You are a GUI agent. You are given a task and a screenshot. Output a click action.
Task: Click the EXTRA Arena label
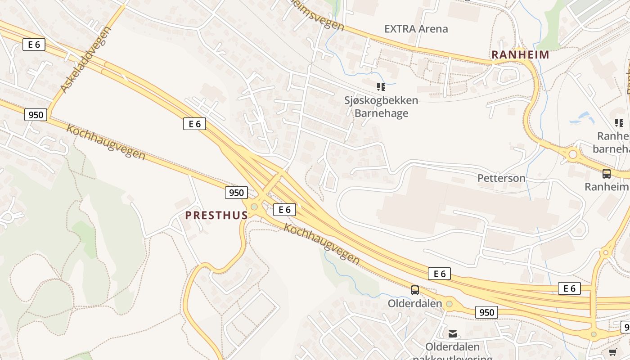(416, 29)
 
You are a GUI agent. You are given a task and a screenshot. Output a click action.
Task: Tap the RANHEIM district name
(520, 55)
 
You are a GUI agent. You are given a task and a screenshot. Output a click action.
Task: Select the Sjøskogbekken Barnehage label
(381, 107)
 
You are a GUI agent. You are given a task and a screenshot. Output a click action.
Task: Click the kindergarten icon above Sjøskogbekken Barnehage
(381, 86)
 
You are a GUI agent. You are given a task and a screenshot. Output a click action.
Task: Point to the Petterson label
(501, 178)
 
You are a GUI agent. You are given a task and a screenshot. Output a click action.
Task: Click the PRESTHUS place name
(216, 215)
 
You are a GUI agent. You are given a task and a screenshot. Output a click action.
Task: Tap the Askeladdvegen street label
(85, 60)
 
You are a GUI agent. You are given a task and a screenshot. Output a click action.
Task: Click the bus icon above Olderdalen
(415, 290)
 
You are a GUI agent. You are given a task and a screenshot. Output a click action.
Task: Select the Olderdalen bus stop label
(415, 303)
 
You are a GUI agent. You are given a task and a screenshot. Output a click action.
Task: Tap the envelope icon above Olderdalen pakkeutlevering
(453, 333)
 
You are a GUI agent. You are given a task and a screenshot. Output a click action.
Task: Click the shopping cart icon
(612, 352)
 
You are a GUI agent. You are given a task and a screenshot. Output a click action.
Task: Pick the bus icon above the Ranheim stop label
(607, 173)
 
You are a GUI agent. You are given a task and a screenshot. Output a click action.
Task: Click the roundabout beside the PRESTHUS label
(254, 207)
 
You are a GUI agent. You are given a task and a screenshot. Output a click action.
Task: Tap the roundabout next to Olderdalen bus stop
(449, 304)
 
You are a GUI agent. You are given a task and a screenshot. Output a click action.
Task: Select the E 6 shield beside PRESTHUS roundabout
(284, 209)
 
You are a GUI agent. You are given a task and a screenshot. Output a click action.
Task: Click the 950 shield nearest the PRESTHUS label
(236, 193)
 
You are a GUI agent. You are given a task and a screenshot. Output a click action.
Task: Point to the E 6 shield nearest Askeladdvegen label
(34, 44)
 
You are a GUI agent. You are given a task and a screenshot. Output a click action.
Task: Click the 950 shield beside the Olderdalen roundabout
(486, 312)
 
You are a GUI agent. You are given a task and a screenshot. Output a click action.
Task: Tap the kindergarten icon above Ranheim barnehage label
(619, 122)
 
